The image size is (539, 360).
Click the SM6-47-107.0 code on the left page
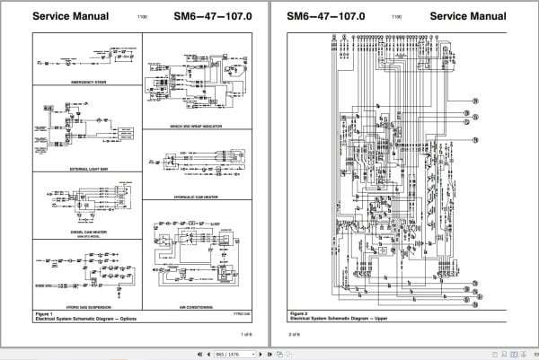[200, 16]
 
